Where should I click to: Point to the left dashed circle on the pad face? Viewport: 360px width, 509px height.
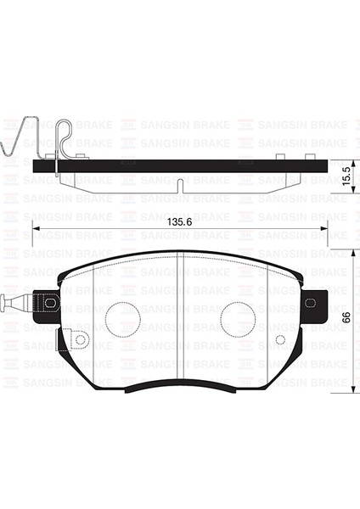click(x=122, y=318)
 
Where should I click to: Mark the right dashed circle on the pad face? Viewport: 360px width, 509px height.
click(x=238, y=318)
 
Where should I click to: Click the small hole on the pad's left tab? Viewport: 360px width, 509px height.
click(x=81, y=340)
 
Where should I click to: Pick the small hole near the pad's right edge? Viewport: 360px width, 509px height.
click(x=281, y=339)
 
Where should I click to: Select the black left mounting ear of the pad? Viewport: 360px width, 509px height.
click(x=48, y=302)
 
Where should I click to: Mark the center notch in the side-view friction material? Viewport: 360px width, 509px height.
click(x=181, y=184)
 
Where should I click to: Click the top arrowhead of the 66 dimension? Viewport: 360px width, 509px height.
click(x=353, y=253)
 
